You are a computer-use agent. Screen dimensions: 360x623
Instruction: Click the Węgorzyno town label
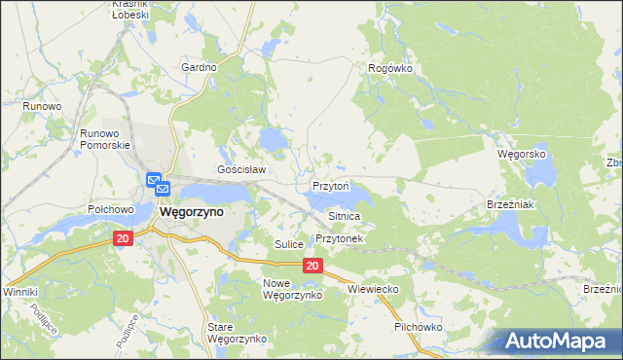point(191,211)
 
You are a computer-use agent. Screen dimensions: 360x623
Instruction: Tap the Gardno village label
point(199,67)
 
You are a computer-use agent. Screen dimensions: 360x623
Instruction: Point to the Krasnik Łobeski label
point(128,11)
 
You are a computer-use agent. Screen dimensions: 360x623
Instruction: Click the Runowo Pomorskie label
point(106,138)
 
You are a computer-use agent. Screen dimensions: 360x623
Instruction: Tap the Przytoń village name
point(337,185)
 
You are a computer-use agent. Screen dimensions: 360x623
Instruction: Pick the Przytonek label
point(339,238)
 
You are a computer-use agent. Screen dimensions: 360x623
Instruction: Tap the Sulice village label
point(289,243)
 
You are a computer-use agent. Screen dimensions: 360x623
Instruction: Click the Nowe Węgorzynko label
point(285,288)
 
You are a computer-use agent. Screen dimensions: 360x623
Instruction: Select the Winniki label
point(19,292)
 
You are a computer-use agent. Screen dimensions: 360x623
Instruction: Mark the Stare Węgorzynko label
point(237,333)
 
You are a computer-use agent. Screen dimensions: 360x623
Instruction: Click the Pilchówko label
point(419,328)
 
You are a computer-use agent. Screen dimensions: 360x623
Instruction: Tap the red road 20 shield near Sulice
point(311,266)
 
